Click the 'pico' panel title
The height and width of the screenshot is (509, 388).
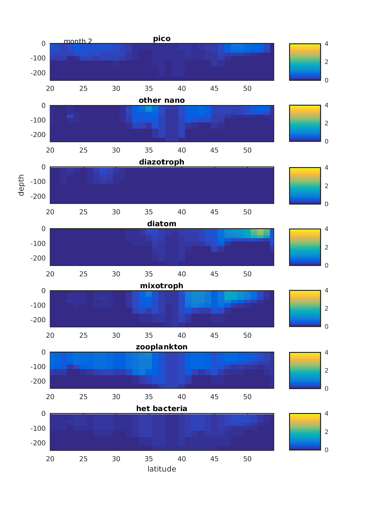coord(162,39)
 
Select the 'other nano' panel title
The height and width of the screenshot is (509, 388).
coord(162,101)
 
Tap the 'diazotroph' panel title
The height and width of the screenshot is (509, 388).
coord(162,162)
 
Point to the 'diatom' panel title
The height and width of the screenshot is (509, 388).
coord(162,224)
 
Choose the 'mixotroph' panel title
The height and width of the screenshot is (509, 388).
coord(162,286)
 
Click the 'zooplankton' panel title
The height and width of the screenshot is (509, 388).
coord(162,347)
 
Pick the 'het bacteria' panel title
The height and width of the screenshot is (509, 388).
coord(162,408)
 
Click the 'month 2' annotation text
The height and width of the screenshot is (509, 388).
coord(78,41)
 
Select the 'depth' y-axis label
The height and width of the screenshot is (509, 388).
coord(21,185)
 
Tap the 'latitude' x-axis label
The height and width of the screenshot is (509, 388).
coord(162,469)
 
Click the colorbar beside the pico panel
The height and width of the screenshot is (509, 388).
coord(305,62)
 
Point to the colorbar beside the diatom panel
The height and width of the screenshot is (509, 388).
coord(305,247)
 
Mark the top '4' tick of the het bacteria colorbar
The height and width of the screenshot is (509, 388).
coord(327,413)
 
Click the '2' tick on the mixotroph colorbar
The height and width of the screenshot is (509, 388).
coord(327,308)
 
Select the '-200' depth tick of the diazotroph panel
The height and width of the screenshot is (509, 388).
coord(38,196)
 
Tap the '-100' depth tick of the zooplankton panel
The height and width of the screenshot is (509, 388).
coord(38,367)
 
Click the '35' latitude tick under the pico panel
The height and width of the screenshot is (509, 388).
coord(149,89)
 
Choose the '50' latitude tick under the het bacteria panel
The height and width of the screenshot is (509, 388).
coord(247,459)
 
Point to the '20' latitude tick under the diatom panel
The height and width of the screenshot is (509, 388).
coord(50,274)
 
